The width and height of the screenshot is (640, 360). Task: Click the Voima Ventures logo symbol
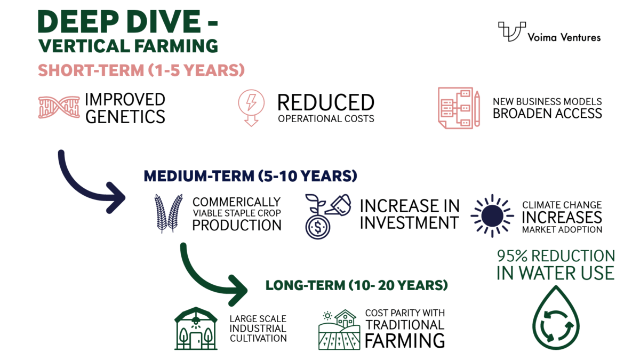pyautogui.click(x=511, y=32)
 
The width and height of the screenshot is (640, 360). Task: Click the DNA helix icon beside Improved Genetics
pyautogui.click(x=58, y=107)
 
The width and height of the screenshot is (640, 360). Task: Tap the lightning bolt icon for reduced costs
pyautogui.click(x=251, y=107)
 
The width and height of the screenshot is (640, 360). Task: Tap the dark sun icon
pyautogui.click(x=491, y=215)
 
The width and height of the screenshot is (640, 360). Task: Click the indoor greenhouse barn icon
pyautogui.click(x=196, y=328)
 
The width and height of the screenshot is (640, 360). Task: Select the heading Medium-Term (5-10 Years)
pyautogui.click(x=250, y=175)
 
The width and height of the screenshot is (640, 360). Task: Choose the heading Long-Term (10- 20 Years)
pyautogui.click(x=356, y=285)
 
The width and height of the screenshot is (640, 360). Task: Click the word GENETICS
pyautogui.click(x=125, y=116)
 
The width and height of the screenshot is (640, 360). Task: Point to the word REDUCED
pyautogui.click(x=325, y=102)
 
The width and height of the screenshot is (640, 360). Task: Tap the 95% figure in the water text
pyautogui.click(x=517, y=256)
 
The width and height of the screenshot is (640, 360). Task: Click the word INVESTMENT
pyautogui.click(x=409, y=222)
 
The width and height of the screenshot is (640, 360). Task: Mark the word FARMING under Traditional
pyautogui.click(x=405, y=340)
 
